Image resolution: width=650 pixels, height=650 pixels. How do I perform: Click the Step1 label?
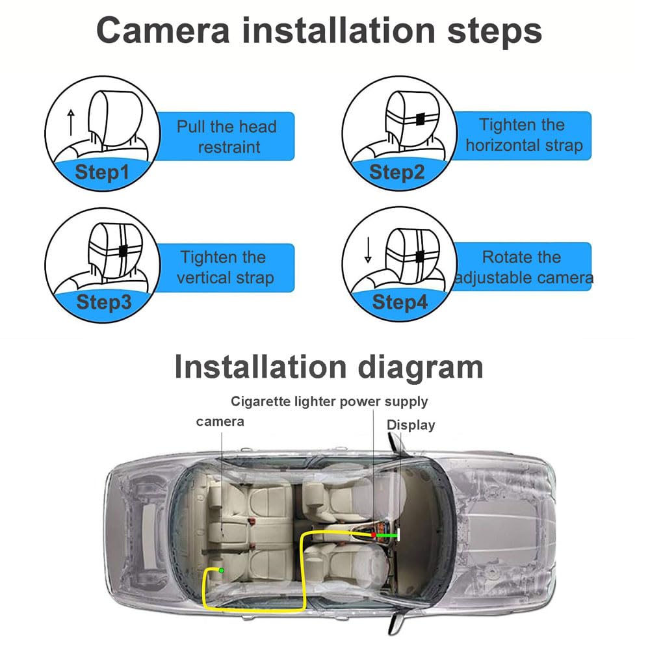(x=102, y=172)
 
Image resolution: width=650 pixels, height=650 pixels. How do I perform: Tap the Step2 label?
(x=396, y=172)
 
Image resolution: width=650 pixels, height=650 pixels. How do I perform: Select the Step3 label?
(x=104, y=302)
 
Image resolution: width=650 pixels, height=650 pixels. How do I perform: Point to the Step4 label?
(x=400, y=302)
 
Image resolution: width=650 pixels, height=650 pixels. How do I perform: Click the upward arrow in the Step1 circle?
(x=71, y=122)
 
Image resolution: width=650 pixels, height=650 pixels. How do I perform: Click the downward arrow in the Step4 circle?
(x=368, y=250)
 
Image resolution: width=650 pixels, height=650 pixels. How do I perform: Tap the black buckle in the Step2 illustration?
(x=421, y=119)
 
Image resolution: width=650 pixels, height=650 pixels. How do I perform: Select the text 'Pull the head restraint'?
(x=227, y=136)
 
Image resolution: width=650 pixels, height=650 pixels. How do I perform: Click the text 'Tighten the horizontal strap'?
(x=524, y=135)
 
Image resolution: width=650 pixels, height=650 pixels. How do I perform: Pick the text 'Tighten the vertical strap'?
(x=225, y=267)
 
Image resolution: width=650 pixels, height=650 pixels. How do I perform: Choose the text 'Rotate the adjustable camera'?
(x=524, y=267)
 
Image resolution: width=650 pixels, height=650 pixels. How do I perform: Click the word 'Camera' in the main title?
(x=163, y=31)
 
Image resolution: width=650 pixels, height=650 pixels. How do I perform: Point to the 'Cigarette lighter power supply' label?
(x=329, y=402)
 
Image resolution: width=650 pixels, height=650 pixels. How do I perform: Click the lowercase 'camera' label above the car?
(x=220, y=422)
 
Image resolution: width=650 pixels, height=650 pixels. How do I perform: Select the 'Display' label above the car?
(x=411, y=425)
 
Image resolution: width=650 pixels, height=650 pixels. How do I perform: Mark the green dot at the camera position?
(x=222, y=571)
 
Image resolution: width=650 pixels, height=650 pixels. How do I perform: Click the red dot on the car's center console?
(x=374, y=535)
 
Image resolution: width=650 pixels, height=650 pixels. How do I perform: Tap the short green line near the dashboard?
(x=386, y=535)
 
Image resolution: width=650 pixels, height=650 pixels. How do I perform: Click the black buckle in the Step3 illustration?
(x=123, y=250)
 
